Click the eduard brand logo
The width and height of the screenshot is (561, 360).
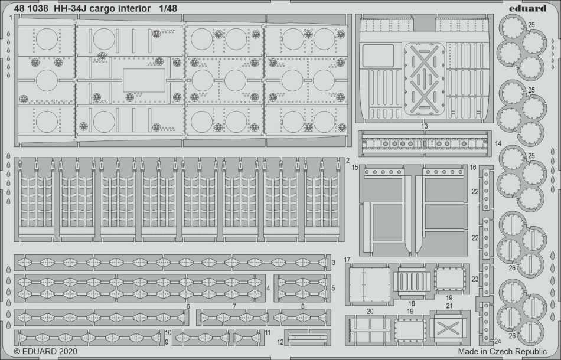[x=530, y=8]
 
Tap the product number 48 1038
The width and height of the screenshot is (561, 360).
[x=31, y=8]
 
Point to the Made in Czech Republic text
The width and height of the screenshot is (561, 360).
[x=502, y=351]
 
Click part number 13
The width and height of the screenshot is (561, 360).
[x=425, y=126]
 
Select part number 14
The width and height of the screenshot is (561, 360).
[x=498, y=144]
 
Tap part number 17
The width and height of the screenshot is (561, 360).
[x=347, y=260]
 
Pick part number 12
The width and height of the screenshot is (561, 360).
[x=280, y=342]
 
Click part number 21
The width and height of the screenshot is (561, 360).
[x=449, y=306]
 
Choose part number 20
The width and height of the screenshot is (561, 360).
[x=370, y=312]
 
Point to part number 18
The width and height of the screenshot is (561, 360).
[x=412, y=303]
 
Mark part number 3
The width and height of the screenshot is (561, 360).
[x=334, y=263]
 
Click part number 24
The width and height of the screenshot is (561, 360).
[x=497, y=341]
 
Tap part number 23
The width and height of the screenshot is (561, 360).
[x=475, y=279]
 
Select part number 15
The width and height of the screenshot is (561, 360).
[x=355, y=167]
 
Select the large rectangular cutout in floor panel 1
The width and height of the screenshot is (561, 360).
[x=144, y=80]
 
